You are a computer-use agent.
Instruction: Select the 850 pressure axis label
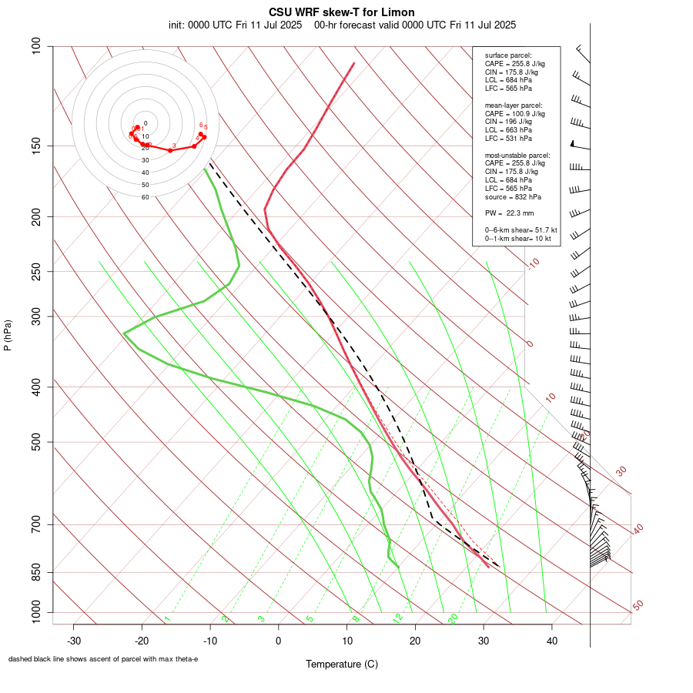(x=37, y=572)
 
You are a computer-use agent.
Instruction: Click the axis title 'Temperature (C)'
(x=342, y=664)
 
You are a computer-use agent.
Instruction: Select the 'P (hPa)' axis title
(x=8, y=335)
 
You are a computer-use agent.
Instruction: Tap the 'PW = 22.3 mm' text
(x=509, y=213)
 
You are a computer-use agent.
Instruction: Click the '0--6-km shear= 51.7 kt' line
(x=521, y=230)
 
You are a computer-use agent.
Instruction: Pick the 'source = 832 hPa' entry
(x=512, y=197)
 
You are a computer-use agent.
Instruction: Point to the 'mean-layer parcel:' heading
(x=514, y=105)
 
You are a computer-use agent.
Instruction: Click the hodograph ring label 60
(x=145, y=197)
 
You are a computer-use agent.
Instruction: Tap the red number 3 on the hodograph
(x=175, y=146)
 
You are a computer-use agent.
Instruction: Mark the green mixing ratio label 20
(x=453, y=618)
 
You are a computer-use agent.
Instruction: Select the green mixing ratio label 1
(x=167, y=619)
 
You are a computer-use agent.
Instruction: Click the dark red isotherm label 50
(x=638, y=606)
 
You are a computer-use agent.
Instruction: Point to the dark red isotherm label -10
(x=533, y=263)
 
